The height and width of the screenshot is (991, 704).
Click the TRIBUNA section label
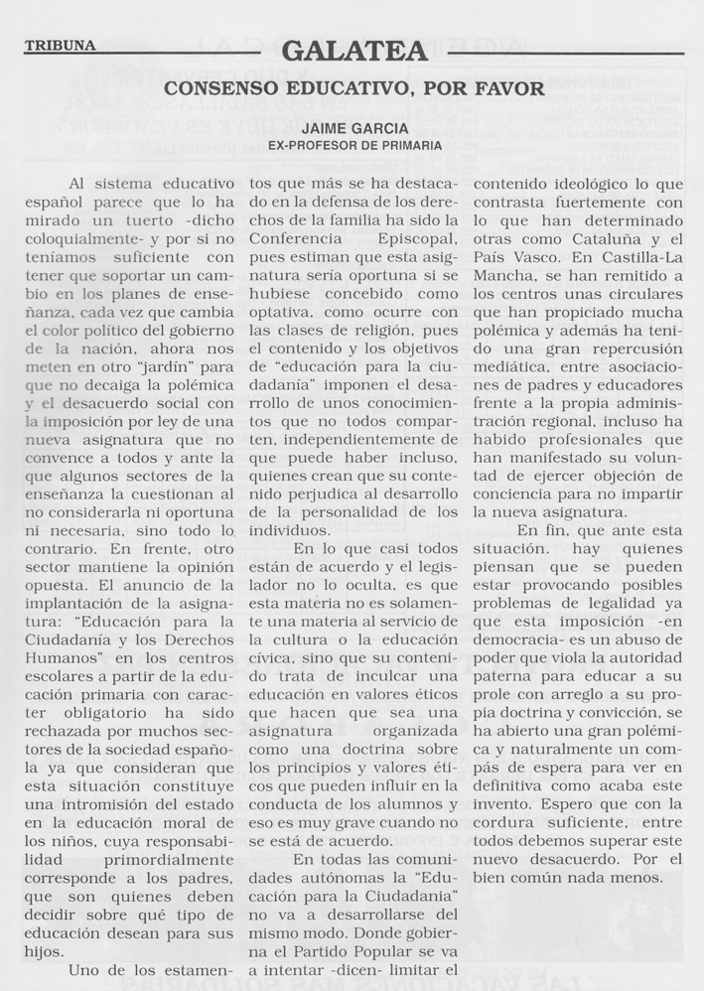(x=60, y=46)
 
